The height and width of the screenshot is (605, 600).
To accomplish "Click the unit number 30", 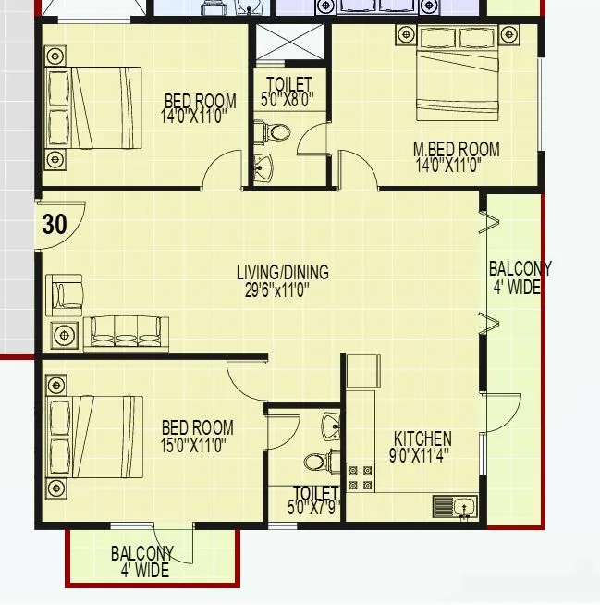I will click(55, 224).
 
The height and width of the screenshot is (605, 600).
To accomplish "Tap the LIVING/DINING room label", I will click(282, 273).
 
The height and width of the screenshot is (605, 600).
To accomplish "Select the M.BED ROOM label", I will click(457, 149).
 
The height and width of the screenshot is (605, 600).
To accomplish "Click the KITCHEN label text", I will click(423, 438).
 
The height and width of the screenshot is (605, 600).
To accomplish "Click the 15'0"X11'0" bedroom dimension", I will click(194, 445).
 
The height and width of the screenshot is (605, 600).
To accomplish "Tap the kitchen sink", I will click(454, 506).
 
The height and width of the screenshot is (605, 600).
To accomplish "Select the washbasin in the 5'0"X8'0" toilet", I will click(263, 168).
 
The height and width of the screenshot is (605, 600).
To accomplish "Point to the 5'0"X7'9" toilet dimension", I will click(314, 507).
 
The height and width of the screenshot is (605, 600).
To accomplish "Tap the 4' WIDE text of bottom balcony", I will click(144, 571).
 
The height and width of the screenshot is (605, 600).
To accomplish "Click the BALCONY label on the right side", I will click(520, 269).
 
